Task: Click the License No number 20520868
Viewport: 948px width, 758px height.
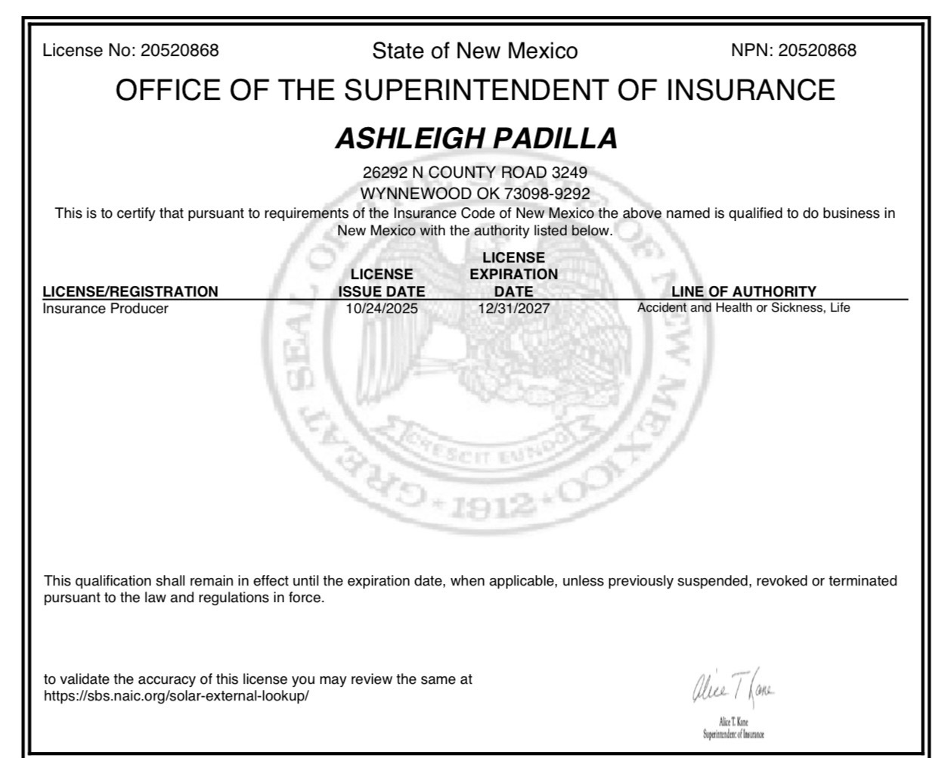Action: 179,51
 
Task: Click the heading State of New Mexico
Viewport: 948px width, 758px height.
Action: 474,51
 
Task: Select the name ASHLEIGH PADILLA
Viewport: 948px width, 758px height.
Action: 476,138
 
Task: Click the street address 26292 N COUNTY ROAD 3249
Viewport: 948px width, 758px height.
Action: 475,172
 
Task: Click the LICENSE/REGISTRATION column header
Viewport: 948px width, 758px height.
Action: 130,291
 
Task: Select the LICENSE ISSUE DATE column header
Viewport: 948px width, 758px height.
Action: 381,283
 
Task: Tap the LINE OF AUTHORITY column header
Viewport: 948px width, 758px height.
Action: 743,291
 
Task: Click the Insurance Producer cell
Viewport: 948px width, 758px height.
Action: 105,309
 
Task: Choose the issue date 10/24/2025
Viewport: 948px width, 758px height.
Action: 381,309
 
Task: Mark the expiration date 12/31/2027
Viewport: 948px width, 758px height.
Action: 513,309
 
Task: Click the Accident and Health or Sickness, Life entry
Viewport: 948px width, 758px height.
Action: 743,308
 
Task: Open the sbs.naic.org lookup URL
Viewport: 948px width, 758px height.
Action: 176,696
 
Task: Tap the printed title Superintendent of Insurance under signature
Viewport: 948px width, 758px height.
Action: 733,735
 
